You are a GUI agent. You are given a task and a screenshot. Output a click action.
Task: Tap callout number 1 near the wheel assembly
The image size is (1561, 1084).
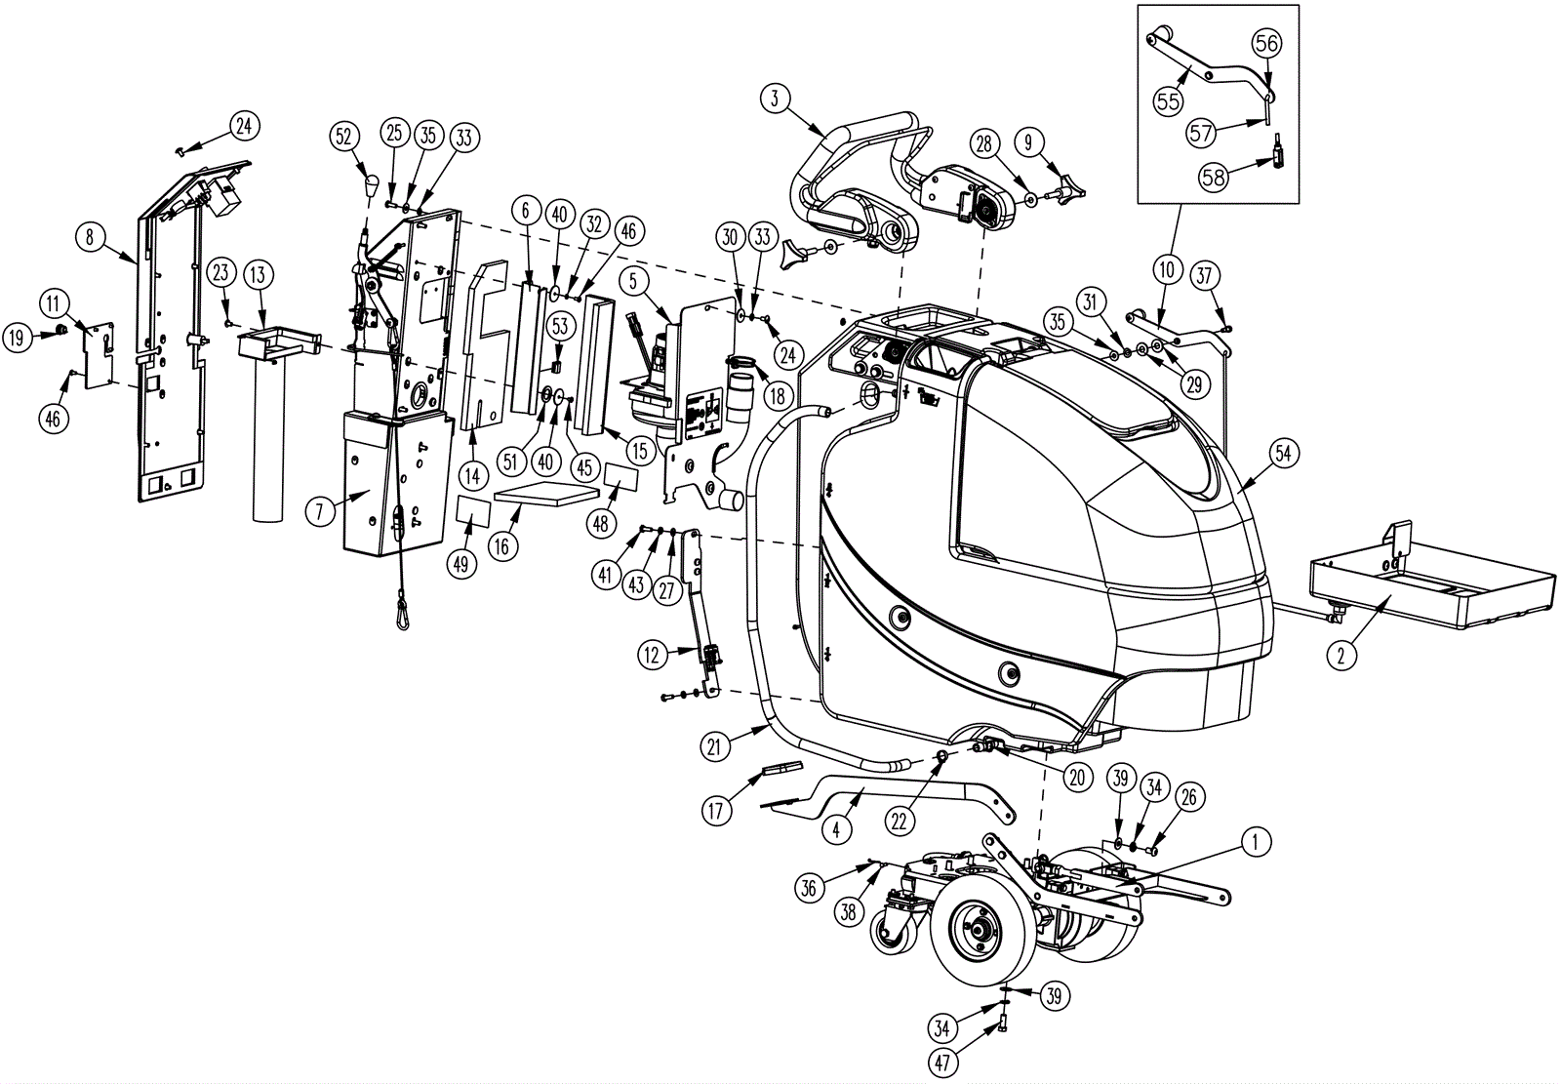coord(1257,842)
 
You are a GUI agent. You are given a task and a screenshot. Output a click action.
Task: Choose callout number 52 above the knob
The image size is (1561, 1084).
coord(343,138)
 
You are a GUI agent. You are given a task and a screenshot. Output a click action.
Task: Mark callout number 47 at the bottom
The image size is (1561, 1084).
coord(942,1063)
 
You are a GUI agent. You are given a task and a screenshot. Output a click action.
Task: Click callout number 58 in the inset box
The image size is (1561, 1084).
coord(1213,178)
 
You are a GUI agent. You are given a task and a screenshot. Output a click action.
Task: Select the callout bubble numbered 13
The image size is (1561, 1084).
coord(257,274)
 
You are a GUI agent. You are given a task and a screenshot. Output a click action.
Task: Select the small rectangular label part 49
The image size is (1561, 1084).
coord(473,511)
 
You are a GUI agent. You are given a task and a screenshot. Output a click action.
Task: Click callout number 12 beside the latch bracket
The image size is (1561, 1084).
coord(653,655)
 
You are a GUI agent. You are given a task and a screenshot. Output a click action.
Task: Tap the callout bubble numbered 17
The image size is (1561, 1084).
coord(717,811)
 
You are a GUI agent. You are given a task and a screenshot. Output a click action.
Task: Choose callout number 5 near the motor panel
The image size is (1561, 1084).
coord(633,282)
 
